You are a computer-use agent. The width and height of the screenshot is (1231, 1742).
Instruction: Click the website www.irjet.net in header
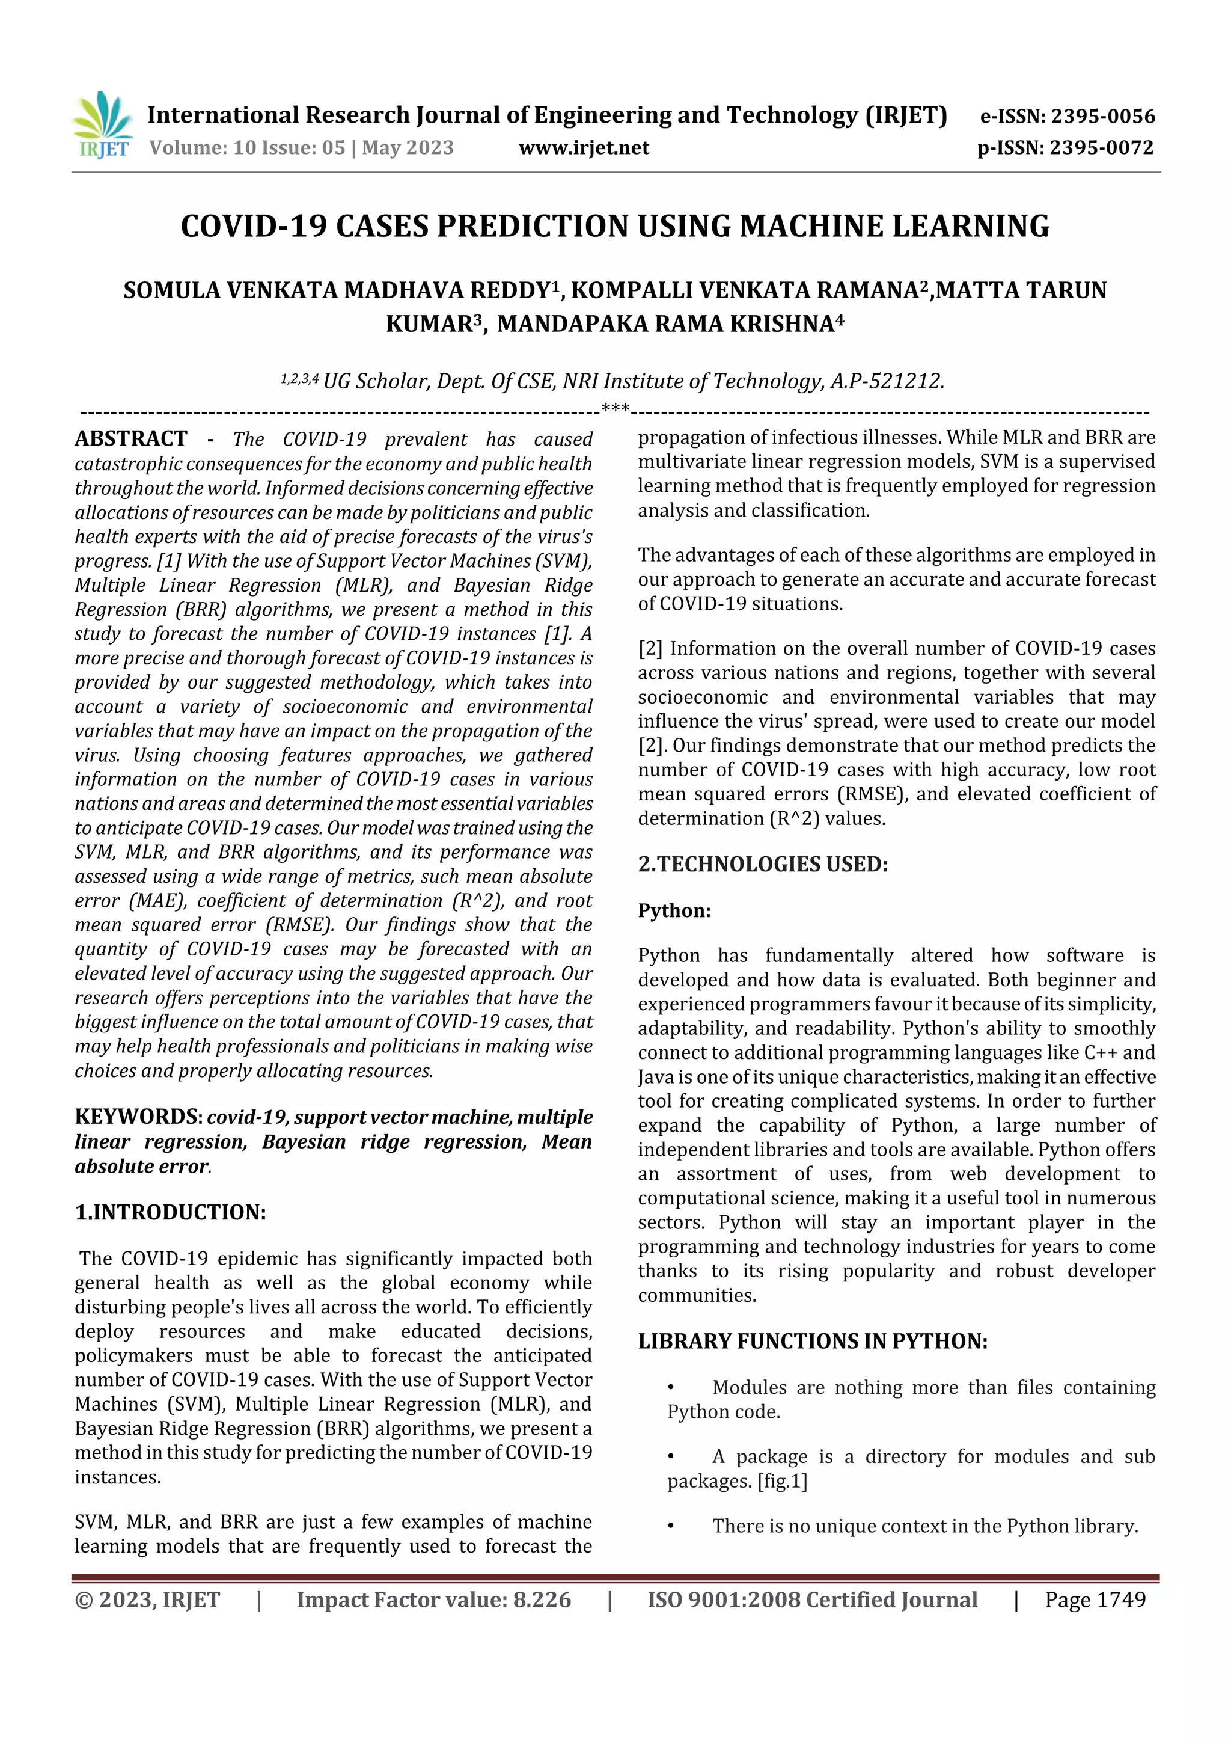[x=583, y=148]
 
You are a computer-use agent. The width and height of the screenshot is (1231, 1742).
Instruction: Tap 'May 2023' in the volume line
[x=408, y=148]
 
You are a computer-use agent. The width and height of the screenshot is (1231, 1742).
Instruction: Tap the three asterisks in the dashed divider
[x=615, y=409]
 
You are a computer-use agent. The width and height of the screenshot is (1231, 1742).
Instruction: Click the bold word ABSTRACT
[x=130, y=438]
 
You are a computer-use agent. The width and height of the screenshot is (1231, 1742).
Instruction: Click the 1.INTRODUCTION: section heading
[x=170, y=1212]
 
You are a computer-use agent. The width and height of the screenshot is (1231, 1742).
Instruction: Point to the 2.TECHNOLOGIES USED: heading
[x=762, y=864]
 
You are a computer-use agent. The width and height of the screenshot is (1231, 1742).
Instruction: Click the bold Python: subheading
[x=674, y=910]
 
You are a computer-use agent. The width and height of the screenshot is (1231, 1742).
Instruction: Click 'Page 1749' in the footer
[x=1095, y=1599]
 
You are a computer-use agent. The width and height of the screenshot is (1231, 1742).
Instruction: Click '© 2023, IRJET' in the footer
[x=147, y=1599]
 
